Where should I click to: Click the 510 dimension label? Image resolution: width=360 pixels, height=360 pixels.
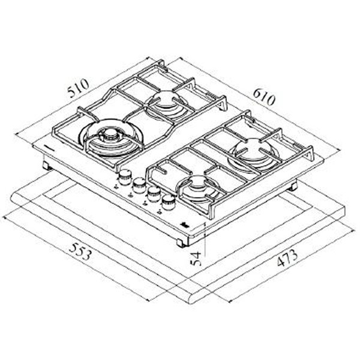[x=79, y=88]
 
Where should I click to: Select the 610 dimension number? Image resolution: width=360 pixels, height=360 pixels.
[x=264, y=98]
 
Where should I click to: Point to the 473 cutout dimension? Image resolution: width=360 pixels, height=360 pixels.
[x=287, y=257]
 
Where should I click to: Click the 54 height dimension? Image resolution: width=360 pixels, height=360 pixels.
[x=196, y=259]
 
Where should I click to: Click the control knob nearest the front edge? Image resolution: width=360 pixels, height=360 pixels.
[x=169, y=202]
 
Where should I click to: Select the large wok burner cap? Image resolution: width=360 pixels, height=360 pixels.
[x=110, y=135]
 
